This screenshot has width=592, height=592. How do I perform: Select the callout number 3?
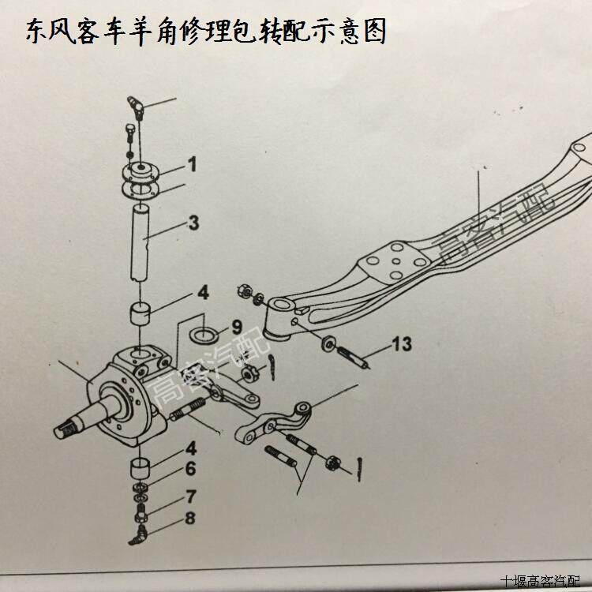(193, 223)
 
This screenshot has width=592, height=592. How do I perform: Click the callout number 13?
(401, 343)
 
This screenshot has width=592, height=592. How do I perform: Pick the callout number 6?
(190, 469)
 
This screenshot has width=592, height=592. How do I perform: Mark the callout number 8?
(190, 519)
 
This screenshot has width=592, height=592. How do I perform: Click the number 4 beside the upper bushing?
(203, 294)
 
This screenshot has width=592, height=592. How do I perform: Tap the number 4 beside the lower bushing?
(190, 448)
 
